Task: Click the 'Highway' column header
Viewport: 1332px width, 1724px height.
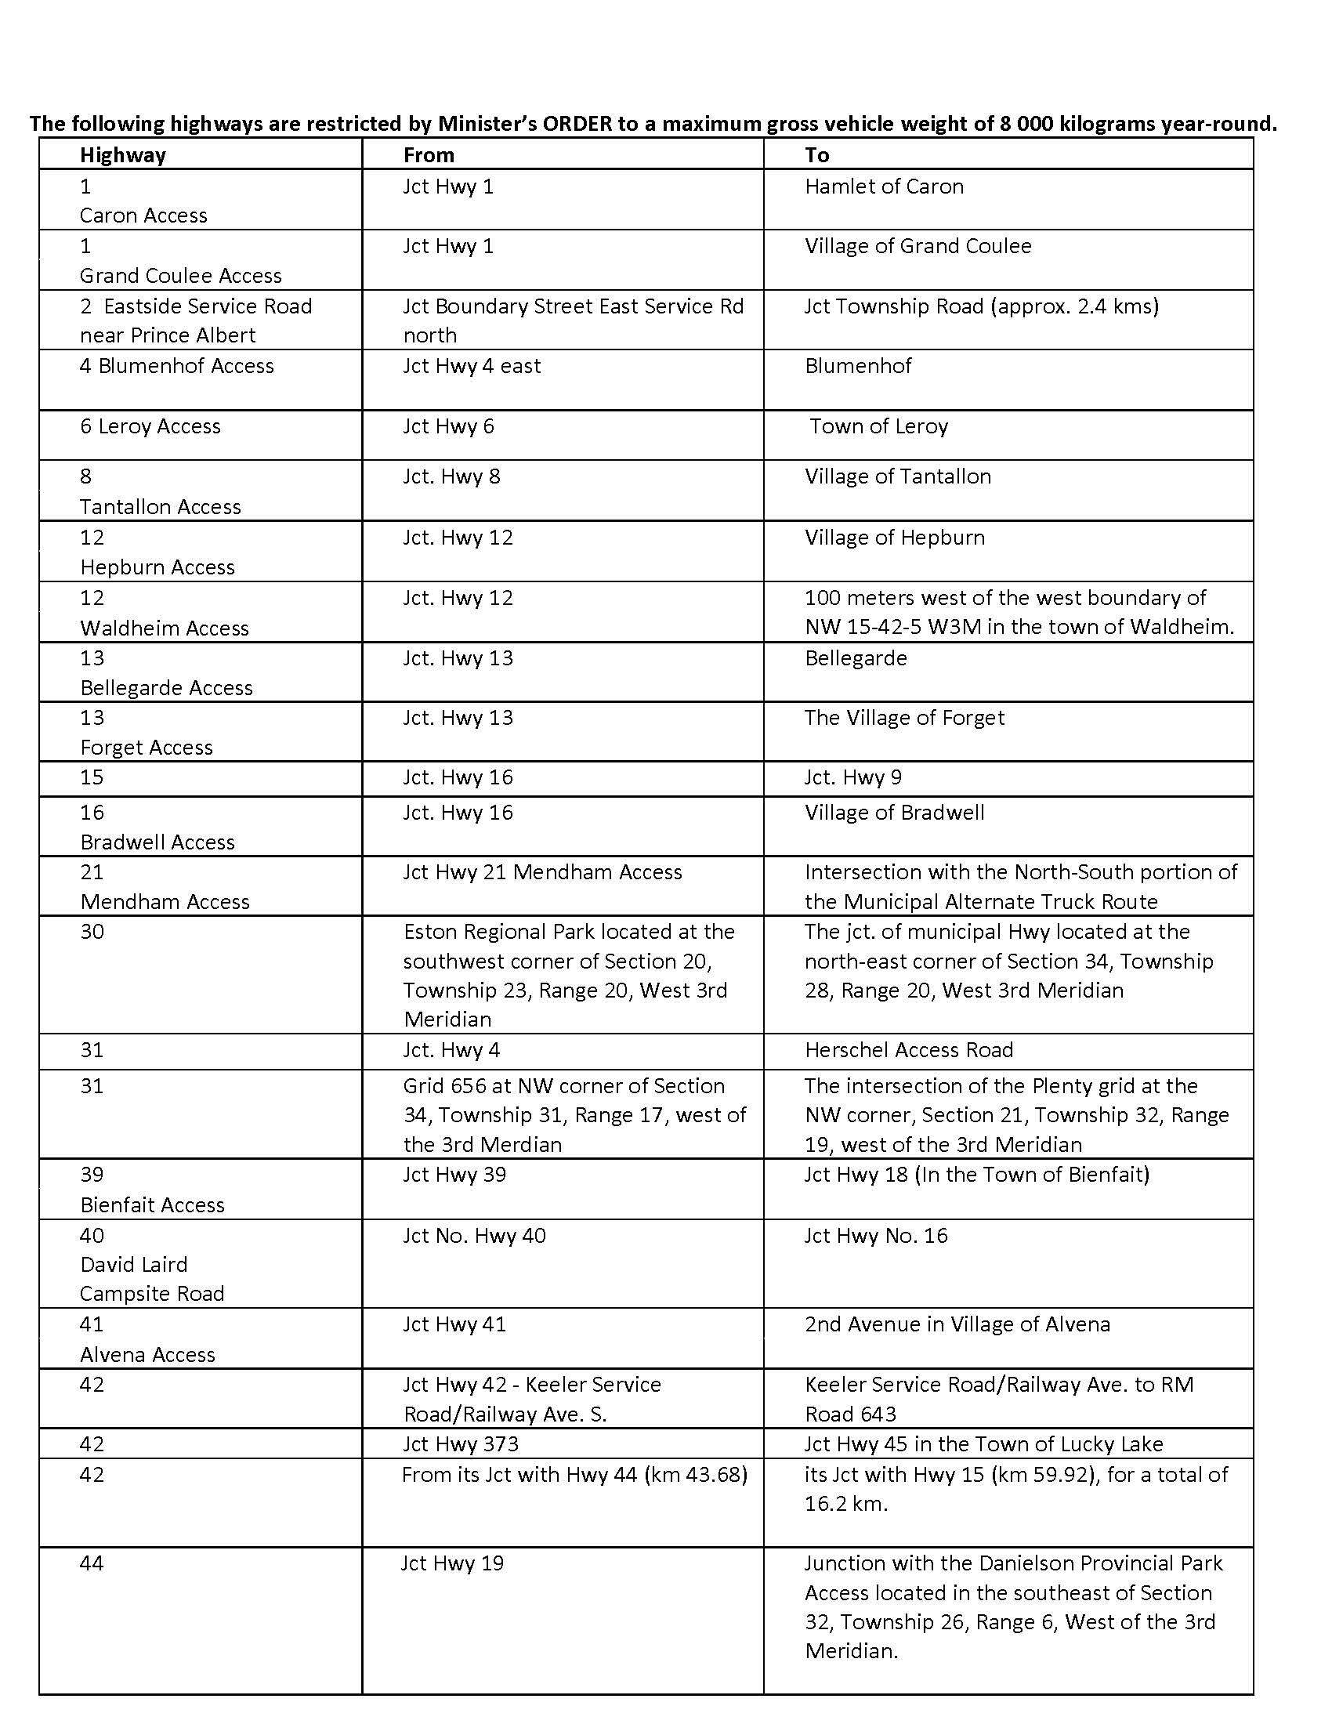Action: [x=122, y=154]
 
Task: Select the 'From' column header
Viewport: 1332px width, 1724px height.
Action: [x=429, y=154]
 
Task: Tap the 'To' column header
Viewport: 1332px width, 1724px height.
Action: [x=816, y=154]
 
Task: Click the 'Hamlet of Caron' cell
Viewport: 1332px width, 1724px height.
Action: [x=884, y=187]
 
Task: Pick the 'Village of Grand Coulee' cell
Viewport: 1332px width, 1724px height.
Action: [x=918, y=246]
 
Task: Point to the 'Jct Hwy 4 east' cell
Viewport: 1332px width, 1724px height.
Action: [x=472, y=366]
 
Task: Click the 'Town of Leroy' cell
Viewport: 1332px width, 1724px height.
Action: [x=878, y=427]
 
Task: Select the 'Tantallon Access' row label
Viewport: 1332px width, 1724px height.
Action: [x=160, y=507]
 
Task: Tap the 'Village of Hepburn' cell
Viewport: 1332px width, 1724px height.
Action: [x=895, y=538]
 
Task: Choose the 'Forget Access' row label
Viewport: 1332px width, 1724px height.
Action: [x=146, y=748]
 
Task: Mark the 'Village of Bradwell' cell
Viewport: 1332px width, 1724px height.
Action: [x=894, y=813]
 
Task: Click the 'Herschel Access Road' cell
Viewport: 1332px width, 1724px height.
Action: [x=909, y=1051]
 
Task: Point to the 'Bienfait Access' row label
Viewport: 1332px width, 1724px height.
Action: [x=152, y=1205]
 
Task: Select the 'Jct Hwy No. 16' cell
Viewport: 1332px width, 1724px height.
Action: [x=876, y=1236]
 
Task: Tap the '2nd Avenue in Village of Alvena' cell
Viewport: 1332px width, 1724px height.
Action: [x=957, y=1324]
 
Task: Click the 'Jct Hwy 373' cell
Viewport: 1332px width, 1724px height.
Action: [x=461, y=1444]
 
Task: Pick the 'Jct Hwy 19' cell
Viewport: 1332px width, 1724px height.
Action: [x=452, y=1564]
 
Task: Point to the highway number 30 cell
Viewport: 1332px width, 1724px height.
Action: [x=92, y=933]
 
